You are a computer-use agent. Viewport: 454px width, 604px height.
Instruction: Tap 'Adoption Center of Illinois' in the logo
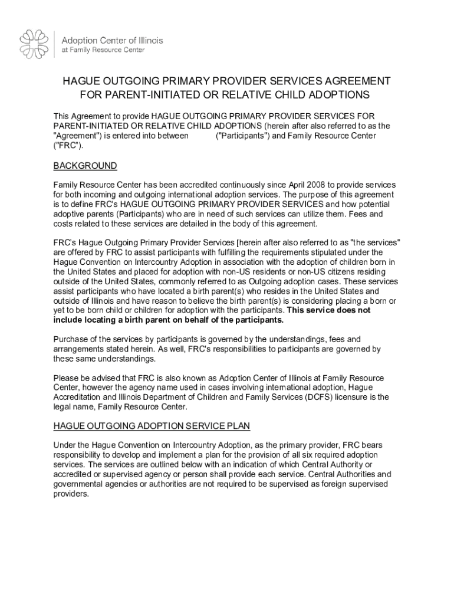click(113, 40)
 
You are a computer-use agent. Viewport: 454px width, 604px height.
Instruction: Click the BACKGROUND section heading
click(85, 166)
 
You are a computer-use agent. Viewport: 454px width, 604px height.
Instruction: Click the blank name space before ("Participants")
click(202, 136)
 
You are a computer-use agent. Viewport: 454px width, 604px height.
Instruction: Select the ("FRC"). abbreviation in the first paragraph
click(65, 145)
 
